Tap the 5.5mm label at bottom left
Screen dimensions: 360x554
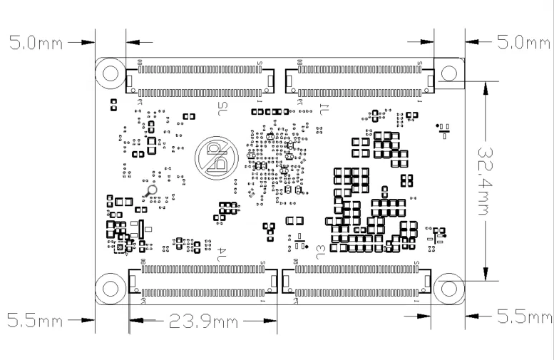point(35,319)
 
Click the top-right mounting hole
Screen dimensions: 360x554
point(449,72)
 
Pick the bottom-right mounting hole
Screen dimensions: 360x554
point(449,287)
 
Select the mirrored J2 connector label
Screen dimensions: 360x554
point(221,109)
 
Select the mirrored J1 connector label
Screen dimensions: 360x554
point(323,109)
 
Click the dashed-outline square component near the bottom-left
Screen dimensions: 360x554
point(120,246)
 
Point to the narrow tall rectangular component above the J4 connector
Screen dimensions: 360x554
point(140,229)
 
